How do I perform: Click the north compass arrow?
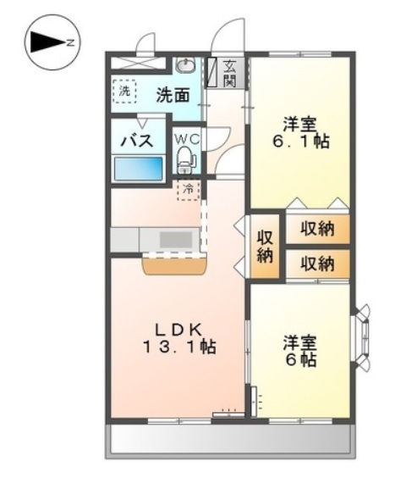(x=48, y=42)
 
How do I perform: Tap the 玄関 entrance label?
(x=229, y=74)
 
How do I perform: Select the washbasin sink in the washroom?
(x=186, y=66)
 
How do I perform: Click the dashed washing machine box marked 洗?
(x=124, y=92)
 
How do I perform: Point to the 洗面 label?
(x=173, y=95)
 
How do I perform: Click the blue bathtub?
(x=138, y=169)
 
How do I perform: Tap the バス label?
(x=137, y=141)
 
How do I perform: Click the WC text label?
(x=188, y=139)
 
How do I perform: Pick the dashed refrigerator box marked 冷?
(x=188, y=191)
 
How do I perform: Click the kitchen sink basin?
(x=176, y=240)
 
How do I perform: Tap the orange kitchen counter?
(x=174, y=266)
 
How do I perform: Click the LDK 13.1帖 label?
(x=179, y=338)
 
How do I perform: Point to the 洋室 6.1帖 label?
(x=300, y=133)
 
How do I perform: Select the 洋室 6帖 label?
(x=300, y=351)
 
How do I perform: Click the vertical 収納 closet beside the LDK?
(x=265, y=246)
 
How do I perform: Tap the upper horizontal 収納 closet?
(x=318, y=229)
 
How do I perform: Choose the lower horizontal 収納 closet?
(x=318, y=264)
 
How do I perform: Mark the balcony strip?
(x=231, y=441)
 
